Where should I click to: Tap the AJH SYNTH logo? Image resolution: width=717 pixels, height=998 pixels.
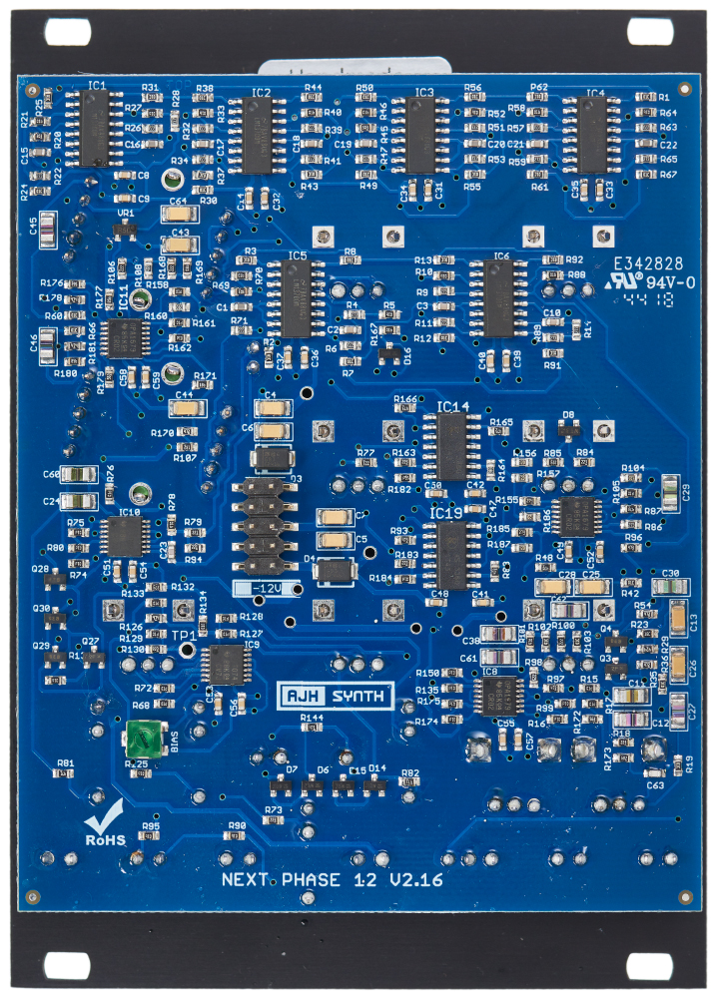pos(336,697)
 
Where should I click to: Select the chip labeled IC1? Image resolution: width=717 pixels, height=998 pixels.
pos(95,128)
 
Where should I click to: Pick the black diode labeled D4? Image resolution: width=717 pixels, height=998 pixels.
pos(336,571)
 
